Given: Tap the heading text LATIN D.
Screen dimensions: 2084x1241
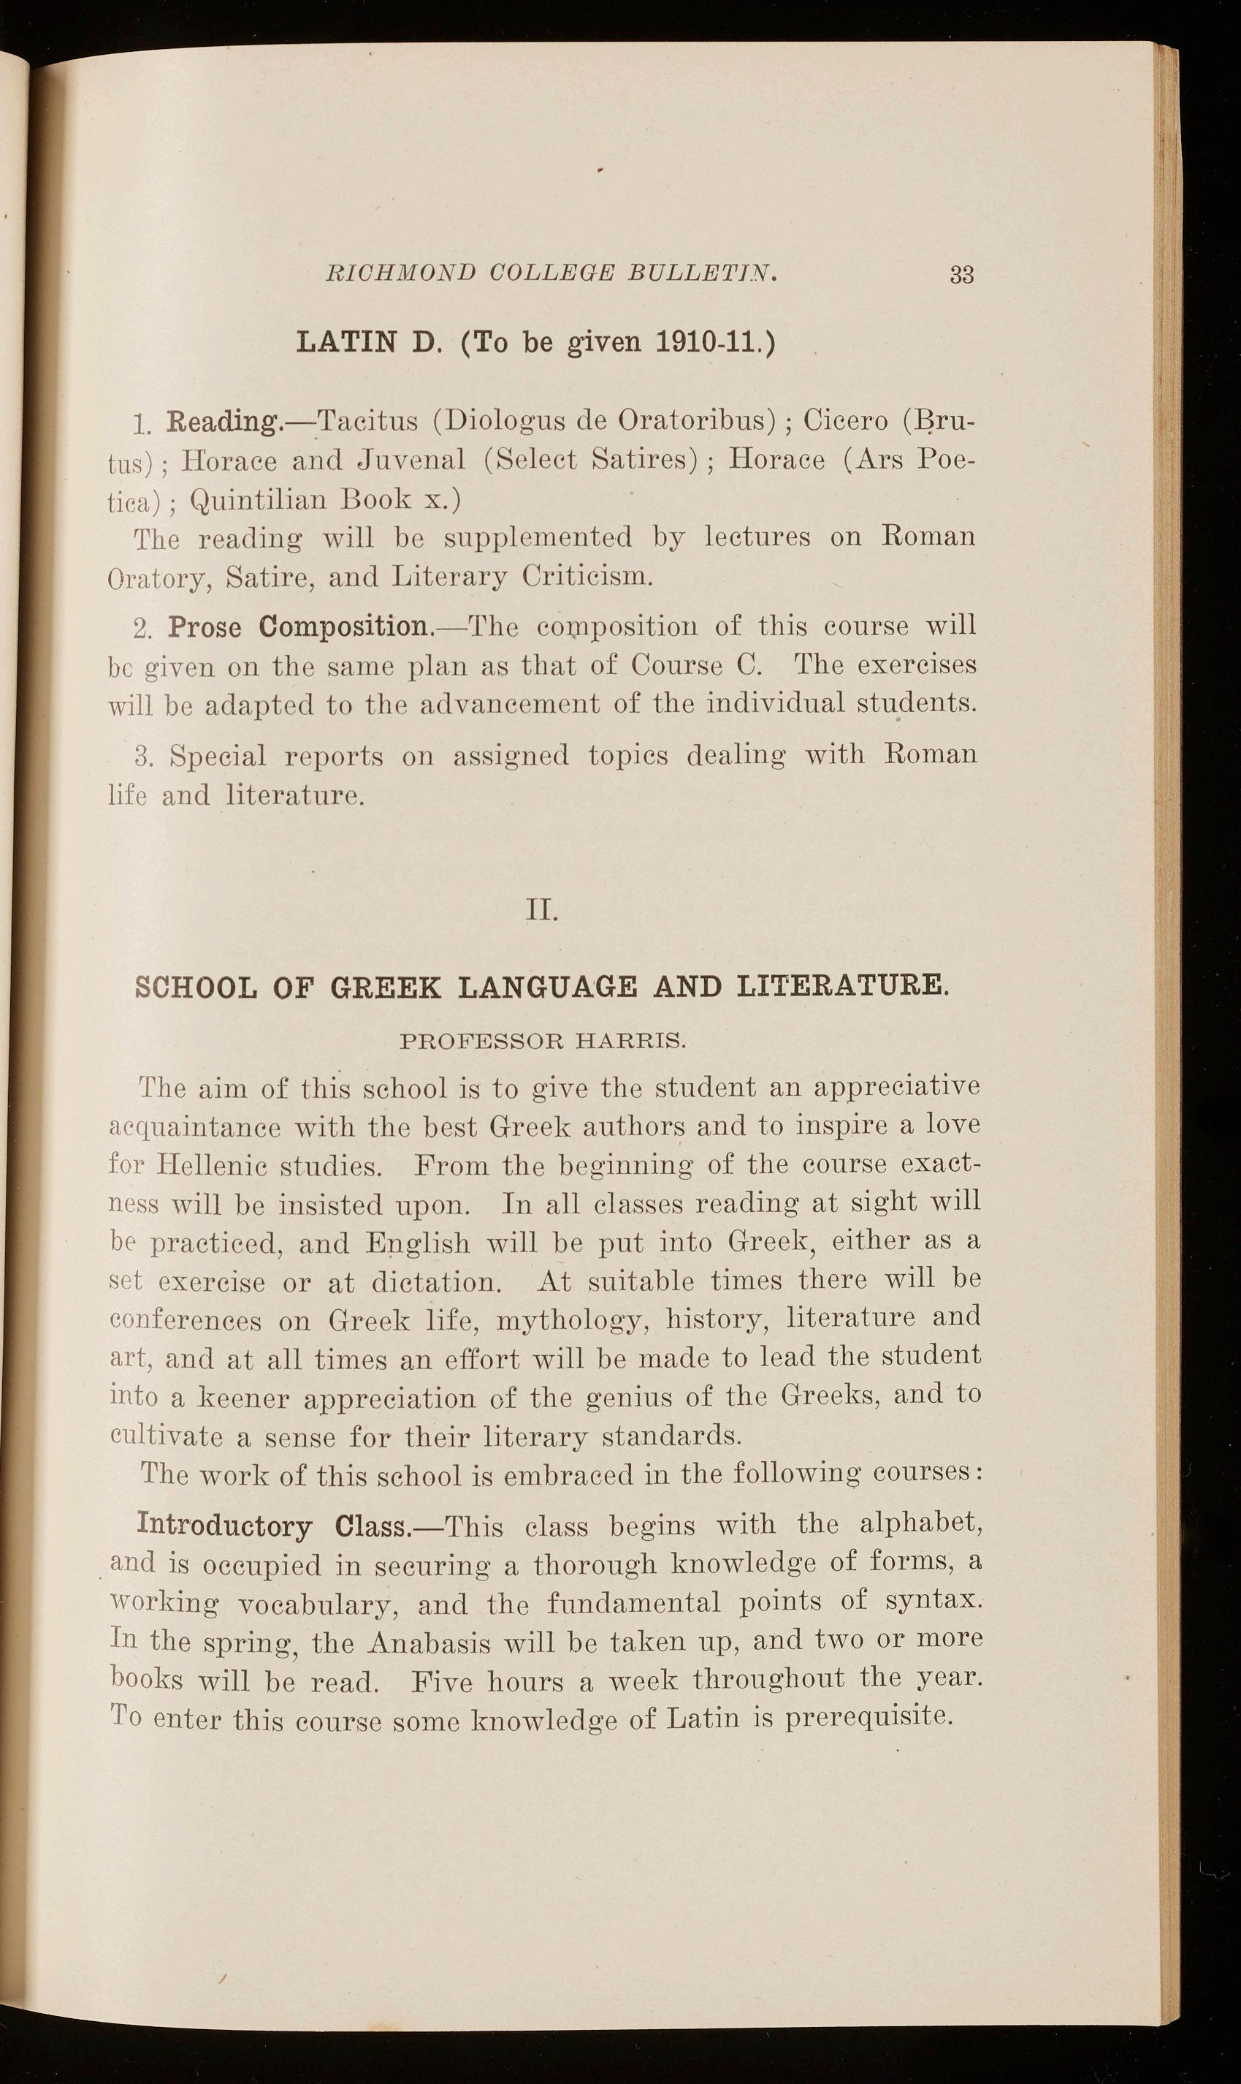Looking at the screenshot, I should [368, 343].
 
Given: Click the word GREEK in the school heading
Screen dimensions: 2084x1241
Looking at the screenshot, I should [385, 988].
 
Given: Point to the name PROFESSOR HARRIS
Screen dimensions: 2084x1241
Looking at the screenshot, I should [543, 1042].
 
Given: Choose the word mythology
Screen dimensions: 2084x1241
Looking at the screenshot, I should [573, 1321].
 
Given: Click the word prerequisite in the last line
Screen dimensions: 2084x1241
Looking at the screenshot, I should [868, 1719].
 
